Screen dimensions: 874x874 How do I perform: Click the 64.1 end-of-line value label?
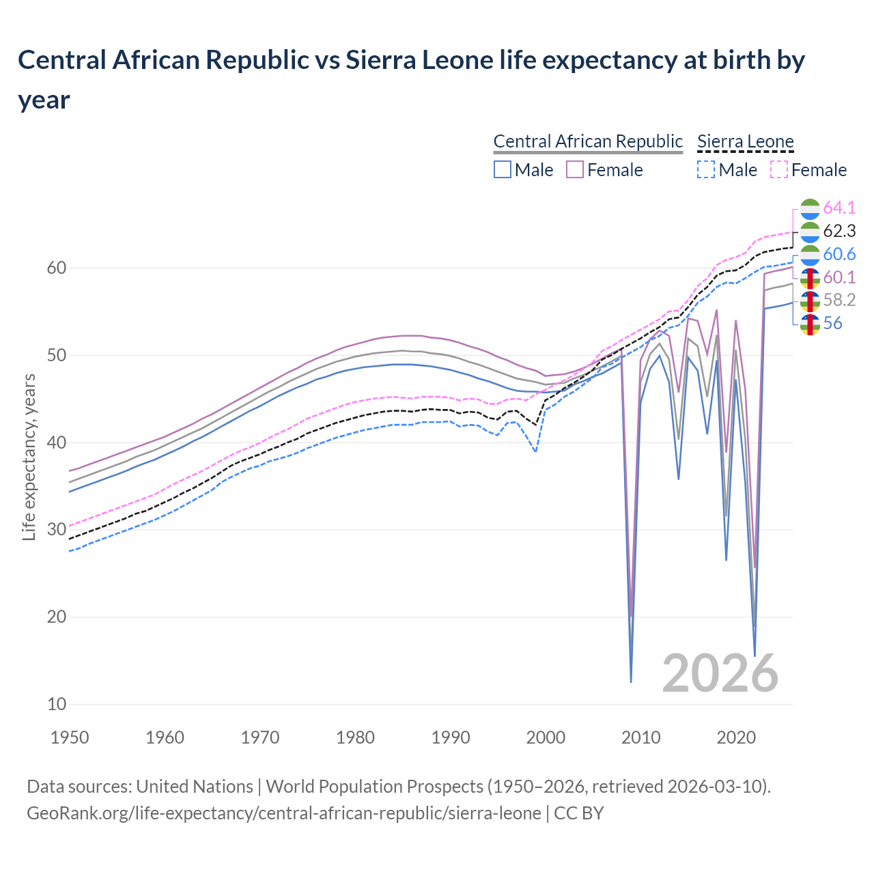[839, 208]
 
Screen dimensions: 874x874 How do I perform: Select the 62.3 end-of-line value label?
[839, 231]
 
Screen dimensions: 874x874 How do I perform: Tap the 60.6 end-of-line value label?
[839, 254]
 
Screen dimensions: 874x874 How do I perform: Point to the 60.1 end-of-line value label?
[839, 277]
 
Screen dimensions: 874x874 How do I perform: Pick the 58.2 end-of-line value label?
[839, 300]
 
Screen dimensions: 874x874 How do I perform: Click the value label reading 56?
[832, 323]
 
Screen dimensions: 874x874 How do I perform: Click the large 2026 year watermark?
[720, 673]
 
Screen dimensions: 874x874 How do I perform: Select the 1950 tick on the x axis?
[70, 737]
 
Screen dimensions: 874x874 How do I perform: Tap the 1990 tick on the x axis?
[451, 737]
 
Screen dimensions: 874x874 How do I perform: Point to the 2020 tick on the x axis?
[736, 737]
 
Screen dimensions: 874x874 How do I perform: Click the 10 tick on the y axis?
[56, 704]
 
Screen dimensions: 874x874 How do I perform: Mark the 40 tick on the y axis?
[56, 442]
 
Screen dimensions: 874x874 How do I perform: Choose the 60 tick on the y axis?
[56, 268]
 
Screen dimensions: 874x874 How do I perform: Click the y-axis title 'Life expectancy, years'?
[29, 457]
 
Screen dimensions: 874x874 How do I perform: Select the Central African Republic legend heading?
[588, 141]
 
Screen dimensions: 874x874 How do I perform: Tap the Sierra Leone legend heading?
[745, 141]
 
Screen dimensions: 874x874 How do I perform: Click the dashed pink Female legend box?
[779, 169]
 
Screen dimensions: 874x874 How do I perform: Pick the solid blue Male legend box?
[503, 169]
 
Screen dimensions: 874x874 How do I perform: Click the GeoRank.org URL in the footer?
[284, 813]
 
